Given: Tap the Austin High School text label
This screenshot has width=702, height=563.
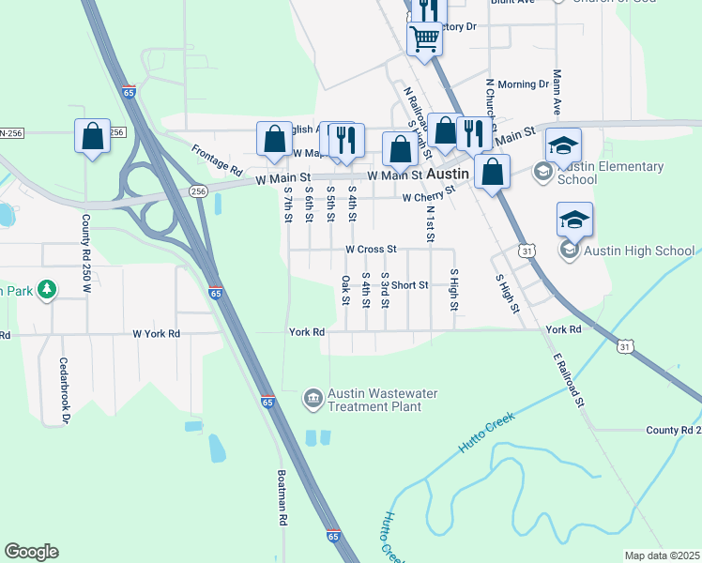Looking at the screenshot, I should coord(640,251).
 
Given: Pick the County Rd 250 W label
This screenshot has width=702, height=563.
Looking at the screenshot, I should coord(85,246).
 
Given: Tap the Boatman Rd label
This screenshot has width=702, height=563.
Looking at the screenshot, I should coord(281,502).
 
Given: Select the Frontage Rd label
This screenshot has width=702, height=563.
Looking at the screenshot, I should coord(217,160).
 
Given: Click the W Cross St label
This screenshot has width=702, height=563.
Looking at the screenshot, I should coord(372,250).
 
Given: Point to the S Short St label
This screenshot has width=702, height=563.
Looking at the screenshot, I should coord(404,285).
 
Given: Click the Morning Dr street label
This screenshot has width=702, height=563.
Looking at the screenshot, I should coord(523,84).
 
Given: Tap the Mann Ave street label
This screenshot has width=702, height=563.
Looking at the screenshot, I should coord(557,92).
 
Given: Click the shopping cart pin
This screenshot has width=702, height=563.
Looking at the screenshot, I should coord(424,39).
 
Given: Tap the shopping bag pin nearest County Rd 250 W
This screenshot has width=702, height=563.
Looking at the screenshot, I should coord(93,137).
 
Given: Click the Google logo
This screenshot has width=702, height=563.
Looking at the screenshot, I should coord(32,552).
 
